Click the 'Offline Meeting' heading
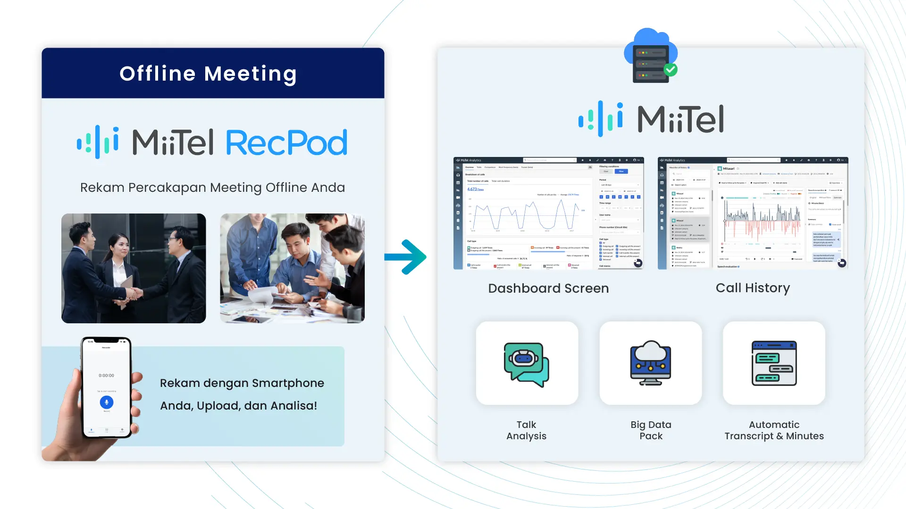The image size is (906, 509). tap(208, 74)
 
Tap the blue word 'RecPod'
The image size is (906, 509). tap(286, 143)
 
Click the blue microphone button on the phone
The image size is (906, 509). tap(107, 402)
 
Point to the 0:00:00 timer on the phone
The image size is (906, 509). tap(106, 376)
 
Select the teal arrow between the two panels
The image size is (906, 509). tap(406, 257)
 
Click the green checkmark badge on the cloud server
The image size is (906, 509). tap(671, 70)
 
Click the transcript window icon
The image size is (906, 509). tap(774, 363)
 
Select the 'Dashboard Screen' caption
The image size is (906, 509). tap(548, 288)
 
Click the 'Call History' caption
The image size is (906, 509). tap(753, 288)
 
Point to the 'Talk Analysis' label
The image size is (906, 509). tap(526, 430)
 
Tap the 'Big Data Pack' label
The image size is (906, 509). tap(651, 430)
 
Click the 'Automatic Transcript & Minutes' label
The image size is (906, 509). tap(774, 430)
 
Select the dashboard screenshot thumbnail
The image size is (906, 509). tap(548, 213)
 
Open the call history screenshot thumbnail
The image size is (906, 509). tap(753, 213)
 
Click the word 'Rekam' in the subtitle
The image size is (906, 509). tap(102, 188)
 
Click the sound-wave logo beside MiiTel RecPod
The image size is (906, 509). tap(98, 142)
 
